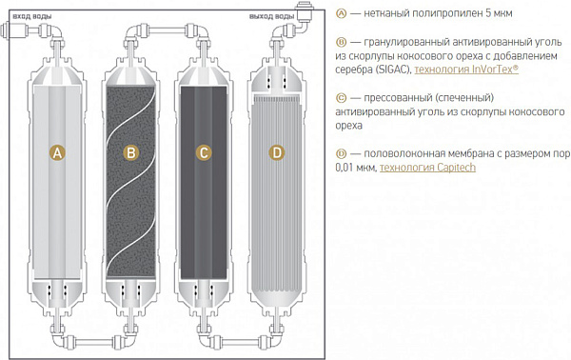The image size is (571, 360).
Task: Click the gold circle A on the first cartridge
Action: tap(57, 152)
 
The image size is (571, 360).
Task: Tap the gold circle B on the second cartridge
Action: tap(130, 152)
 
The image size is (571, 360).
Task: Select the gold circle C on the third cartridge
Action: tap(204, 152)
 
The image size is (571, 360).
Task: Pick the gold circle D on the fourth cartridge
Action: tap(277, 152)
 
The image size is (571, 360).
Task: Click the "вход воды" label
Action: tap(32, 16)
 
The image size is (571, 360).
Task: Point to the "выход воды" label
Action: tap(271, 16)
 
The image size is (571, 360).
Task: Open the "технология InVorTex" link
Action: tap(466, 70)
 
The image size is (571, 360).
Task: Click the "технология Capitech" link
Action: tap(427, 168)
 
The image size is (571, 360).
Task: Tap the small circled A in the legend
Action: tap(341, 13)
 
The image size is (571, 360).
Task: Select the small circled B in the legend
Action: tap(341, 42)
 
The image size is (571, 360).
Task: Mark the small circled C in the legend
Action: tap(341, 98)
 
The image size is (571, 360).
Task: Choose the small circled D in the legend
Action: tap(341, 153)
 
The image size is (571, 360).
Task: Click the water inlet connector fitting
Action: tap(15, 30)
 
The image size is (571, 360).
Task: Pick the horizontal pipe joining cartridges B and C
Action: tap(167, 30)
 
